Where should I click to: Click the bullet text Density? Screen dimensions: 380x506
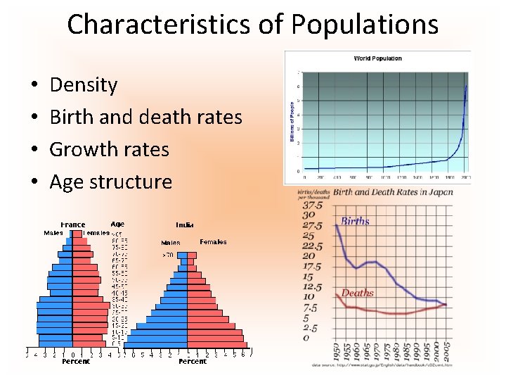point(84,85)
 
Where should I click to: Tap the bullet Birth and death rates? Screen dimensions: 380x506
point(145,117)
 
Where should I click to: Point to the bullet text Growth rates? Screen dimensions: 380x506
point(109,149)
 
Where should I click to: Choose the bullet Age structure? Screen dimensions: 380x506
point(110,182)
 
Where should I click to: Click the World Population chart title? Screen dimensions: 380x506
point(377,58)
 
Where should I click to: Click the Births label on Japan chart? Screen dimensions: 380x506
point(355,221)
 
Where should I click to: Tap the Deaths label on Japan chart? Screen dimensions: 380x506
point(357,293)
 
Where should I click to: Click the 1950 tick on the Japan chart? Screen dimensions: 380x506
point(337,351)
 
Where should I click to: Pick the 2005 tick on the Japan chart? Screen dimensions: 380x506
point(446,351)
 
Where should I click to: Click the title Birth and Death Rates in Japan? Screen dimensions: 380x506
point(393,192)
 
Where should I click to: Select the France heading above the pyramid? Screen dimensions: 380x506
point(72,225)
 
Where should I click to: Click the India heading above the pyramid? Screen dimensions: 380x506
point(185,225)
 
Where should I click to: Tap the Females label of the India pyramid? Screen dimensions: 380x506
point(213,242)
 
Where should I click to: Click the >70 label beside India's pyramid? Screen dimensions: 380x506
point(168,254)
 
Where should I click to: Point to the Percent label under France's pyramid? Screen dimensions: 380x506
point(75,361)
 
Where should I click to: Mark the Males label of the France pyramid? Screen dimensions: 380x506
point(53,233)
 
